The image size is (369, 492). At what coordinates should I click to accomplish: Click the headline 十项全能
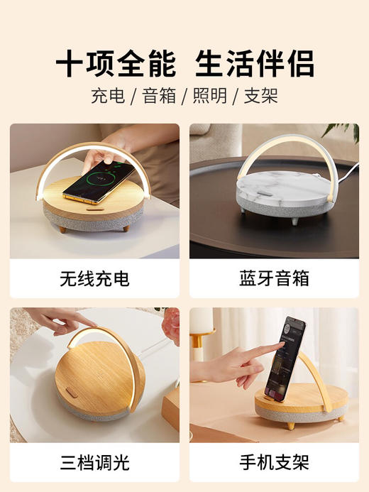(x=115, y=65)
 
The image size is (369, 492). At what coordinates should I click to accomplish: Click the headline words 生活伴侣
(x=254, y=65)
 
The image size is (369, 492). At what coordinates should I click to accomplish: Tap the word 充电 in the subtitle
(x=104, y=97)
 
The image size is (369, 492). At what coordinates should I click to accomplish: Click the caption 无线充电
(x=94, y=279)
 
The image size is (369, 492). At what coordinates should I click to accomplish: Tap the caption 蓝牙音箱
(x=274, y=279)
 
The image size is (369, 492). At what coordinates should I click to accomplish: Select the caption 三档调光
(x=94, y=463)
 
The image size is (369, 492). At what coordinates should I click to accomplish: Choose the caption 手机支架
(x=274, y=463)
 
